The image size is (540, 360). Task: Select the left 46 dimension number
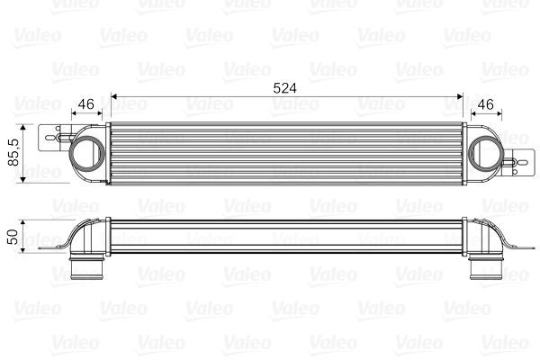click(x=87, y=104)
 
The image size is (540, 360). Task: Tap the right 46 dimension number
click(x=484, y=104)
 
